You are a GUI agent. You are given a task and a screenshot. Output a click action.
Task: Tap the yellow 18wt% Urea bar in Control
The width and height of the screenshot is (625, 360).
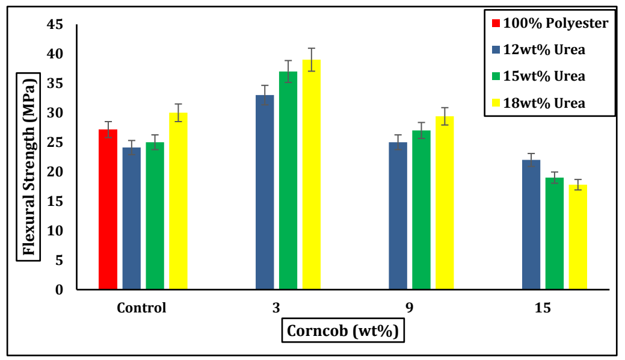point(178,201)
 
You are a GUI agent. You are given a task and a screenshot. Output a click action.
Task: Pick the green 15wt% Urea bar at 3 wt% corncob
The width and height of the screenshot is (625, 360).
point(288,181)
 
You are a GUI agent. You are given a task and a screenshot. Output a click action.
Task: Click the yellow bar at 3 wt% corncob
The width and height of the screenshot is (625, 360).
point(312,175)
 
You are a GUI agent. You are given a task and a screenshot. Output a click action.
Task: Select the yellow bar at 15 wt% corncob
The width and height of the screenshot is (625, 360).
point(577,237)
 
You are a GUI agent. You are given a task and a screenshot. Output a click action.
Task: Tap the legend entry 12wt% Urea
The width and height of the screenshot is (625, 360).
point(544,50)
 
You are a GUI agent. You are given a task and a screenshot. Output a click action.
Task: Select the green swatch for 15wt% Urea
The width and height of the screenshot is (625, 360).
point(496,77)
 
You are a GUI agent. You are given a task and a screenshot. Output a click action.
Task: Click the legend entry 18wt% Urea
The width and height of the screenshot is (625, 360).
point(544,103)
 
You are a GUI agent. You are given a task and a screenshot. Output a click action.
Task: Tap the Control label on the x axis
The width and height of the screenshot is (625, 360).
point(141,308)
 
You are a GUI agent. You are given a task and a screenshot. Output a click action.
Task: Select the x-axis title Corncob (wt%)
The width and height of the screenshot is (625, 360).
point(343,331)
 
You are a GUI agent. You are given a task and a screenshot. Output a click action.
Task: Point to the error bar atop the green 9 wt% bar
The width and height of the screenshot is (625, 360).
point(421,131)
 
